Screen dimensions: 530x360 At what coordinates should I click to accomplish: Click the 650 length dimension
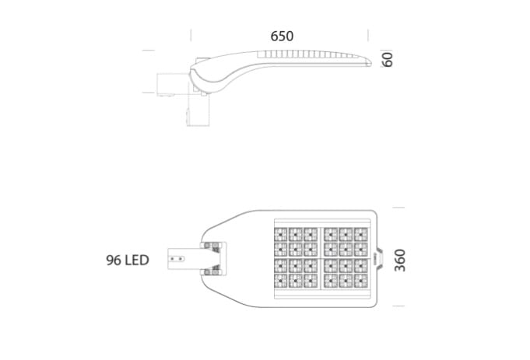click(x=282, y=36)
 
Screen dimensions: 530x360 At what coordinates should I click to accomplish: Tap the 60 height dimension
click(x=388, y=59)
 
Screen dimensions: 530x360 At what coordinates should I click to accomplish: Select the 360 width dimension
click(x=400, y=260)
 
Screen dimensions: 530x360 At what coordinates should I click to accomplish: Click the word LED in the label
click(x=137, y=260)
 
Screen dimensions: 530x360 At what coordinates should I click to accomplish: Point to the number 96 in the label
click(x=114, y=260)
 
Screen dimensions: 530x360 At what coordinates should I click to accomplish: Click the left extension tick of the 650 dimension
click(x=191, y=36)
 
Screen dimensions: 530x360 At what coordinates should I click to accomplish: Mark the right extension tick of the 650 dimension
click(x=368, y=36)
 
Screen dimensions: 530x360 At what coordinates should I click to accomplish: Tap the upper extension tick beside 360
click(x=398, y=208)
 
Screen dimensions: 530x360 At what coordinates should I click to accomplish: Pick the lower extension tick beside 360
click(x=398, y=306)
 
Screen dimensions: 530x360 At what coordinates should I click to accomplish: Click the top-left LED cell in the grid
click(x=280, y=234)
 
